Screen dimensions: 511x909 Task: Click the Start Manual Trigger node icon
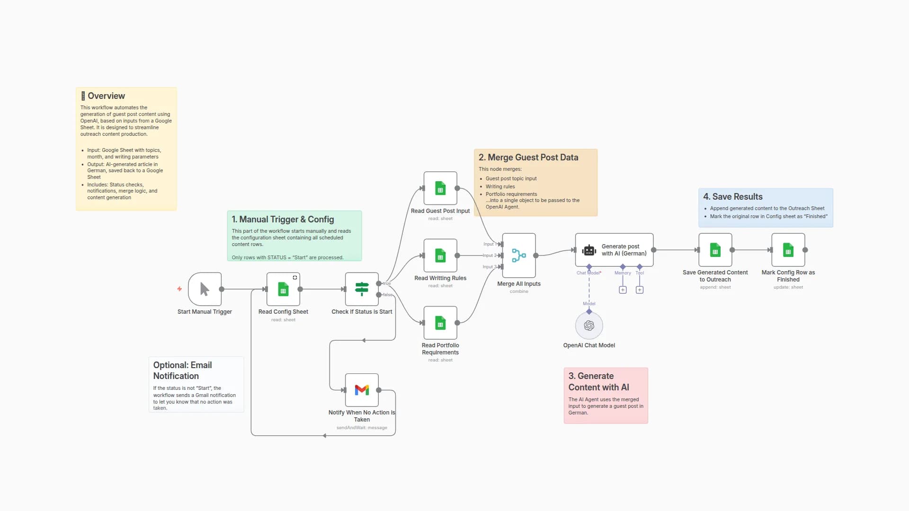(x=205, y=289)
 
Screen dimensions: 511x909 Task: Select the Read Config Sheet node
(x=283, y=289)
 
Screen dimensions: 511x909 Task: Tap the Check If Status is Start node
(x=362, y=289)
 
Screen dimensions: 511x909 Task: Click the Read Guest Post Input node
(x=440, y=188)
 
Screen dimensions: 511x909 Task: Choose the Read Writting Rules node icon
(x=440, y=255)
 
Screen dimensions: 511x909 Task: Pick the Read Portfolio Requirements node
(x=440, y=323)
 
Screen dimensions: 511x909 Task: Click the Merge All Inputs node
(x=519, y=255)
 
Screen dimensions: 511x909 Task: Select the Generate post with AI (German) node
(x=614, y=250)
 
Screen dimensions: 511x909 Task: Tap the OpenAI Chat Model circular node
(x=589, y=326)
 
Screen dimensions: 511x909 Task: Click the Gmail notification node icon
(x=362, y=390)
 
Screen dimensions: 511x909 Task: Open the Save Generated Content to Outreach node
(x=715, y=250)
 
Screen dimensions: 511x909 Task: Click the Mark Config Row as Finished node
(x=788, y=250)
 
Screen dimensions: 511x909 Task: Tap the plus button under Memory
(x=623, y=290)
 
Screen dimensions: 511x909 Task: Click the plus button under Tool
(x=640, y=290)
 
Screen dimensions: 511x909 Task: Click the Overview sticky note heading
(x=106, y=96)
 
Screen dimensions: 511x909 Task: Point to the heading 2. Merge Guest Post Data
(x=528, y=158)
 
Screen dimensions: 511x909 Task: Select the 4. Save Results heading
(x=732, y=197)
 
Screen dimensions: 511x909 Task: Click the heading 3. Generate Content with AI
(x=598, y=382)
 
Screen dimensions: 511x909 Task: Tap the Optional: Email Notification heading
(x=182, y=370)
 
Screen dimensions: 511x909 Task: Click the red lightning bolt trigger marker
(x=179, y=289)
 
